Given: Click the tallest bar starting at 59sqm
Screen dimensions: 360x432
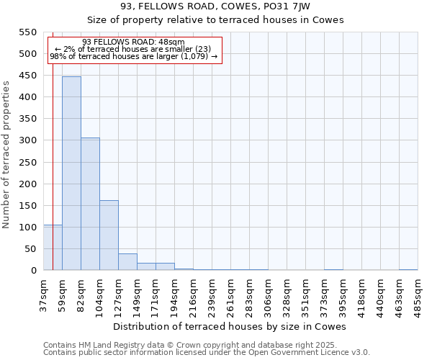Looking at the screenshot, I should click(71, 173).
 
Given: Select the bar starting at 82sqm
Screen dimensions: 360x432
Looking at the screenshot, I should click(90, 204).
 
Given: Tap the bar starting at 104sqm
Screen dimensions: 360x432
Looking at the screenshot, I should click(109, 235).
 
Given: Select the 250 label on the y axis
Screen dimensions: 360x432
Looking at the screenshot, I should click(27, 162).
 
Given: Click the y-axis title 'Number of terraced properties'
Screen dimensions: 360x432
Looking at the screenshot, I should click(7, 154).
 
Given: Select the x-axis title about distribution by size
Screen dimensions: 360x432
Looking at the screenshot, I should click(230, 327).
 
